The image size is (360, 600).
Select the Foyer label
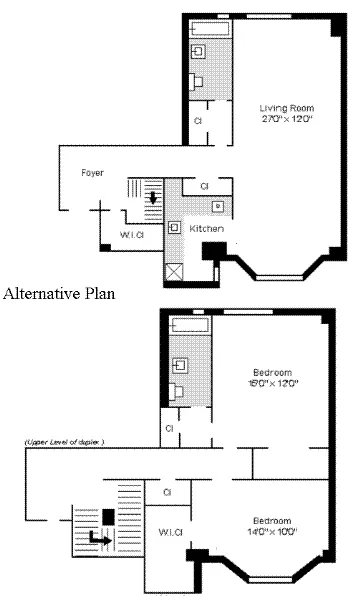click(93, 173)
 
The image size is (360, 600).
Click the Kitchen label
click(206, 229)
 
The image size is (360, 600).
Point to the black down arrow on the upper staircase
click(152, 197)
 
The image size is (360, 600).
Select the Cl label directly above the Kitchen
click(204, 186)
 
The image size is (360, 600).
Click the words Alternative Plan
click(60, 294)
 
